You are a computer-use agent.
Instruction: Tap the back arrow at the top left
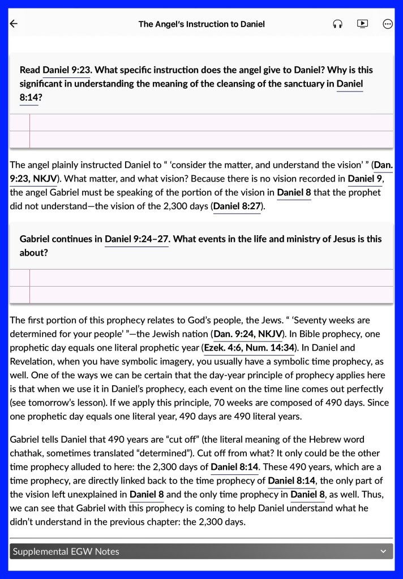click(14, 24)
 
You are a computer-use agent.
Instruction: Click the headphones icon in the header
click(338, 24)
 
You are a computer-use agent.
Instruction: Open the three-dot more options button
click(388, 24)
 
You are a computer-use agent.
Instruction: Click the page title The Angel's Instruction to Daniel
click(201, 24)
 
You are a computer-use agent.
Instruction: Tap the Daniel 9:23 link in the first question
click(67, 70)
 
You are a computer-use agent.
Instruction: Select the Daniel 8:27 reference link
click(237, 206)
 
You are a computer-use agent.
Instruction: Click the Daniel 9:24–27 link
click(137, 239)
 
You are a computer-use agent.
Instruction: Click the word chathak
click(26, 453)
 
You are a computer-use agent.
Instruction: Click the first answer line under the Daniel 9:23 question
click(209, 122)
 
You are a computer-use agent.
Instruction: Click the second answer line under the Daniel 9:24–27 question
click(209, 295)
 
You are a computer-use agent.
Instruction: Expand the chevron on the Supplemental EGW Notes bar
click(383, 551)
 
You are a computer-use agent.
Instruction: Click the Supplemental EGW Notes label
click(66, 551)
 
